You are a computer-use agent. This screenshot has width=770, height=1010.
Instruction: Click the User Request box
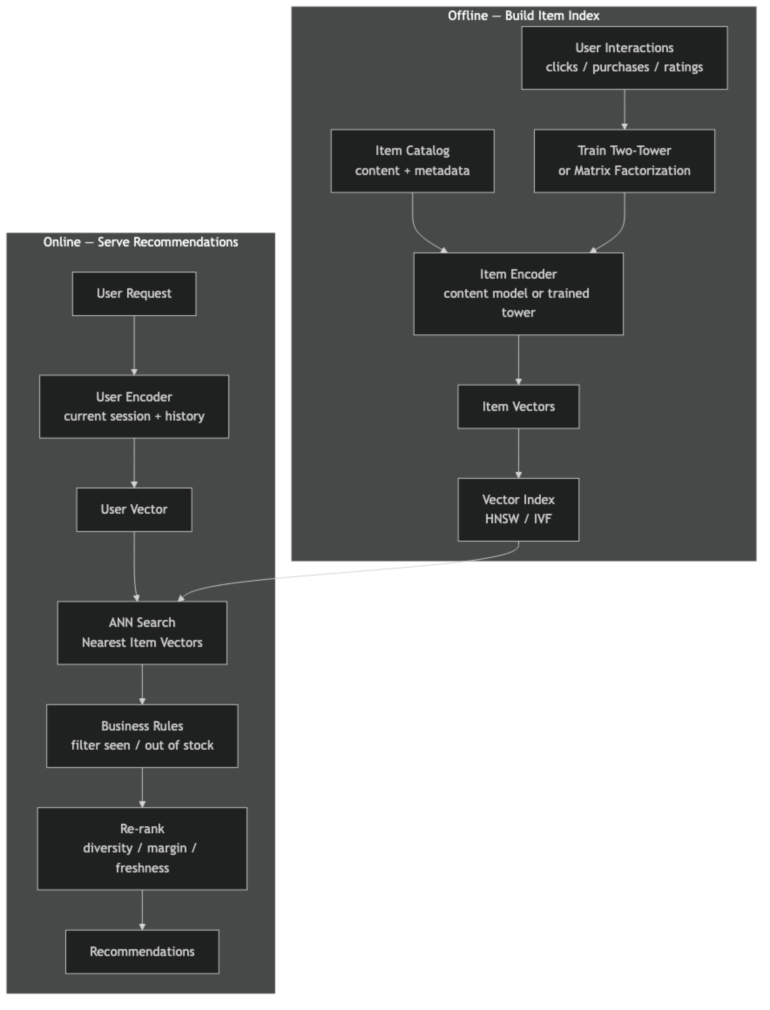click(134, 293)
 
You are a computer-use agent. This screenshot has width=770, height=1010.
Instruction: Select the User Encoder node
click(134, 406)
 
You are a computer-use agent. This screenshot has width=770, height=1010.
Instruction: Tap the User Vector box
click(134, 509)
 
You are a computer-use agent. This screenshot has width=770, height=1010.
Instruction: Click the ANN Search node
click(142, 633)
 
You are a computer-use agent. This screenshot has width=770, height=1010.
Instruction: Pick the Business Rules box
click(142, 736)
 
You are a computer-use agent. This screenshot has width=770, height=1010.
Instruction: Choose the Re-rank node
click(142, 848)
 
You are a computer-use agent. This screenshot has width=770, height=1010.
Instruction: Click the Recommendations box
click(142, 951)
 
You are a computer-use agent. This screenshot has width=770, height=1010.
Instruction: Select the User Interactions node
click(624, 58)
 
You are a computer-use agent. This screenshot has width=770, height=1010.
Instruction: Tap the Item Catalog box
click(412, 161)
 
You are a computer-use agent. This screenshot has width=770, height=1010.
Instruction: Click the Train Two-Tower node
click(624, 161)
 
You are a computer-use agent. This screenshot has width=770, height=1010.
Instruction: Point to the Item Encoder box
click(518, 293)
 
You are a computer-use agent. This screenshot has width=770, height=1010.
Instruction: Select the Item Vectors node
click(518, 406)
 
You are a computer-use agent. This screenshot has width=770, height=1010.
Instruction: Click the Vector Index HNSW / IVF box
click(518, 509)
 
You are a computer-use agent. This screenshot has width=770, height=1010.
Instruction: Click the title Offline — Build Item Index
click(523, 16)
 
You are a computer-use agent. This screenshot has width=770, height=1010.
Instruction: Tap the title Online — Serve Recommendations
click(141, 242)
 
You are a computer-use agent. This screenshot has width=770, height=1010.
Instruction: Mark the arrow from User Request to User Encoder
click(134, 345)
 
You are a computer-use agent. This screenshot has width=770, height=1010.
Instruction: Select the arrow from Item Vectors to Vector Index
click(518, 453)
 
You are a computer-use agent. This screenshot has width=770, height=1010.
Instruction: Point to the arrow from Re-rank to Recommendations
click(142, 909)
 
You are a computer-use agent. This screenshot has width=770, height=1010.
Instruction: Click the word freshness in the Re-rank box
click(142, 868)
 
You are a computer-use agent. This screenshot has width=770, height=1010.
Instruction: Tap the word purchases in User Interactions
click(621, 67)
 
